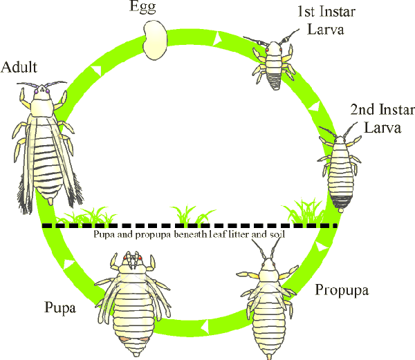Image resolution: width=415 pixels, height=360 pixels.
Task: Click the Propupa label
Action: pyautogui.click(x=342, y=289)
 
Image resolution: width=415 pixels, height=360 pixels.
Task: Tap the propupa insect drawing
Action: pyautogui.click(x=267, y=304)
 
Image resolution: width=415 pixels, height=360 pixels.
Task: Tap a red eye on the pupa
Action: pyautogui.click(x=127, y=259)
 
